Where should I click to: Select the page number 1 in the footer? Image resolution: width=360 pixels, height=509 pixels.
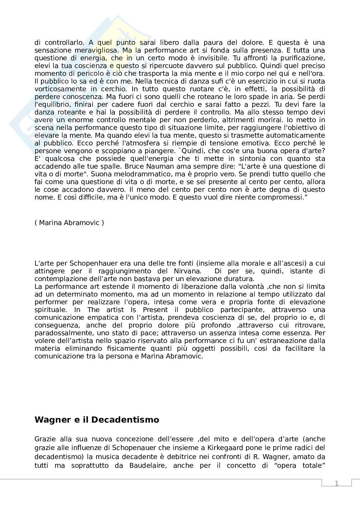tap(336, 483)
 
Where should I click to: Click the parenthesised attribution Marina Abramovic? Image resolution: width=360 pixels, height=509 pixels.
tap(69, 223)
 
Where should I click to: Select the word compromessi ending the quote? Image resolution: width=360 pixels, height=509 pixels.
tap(285, 197)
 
